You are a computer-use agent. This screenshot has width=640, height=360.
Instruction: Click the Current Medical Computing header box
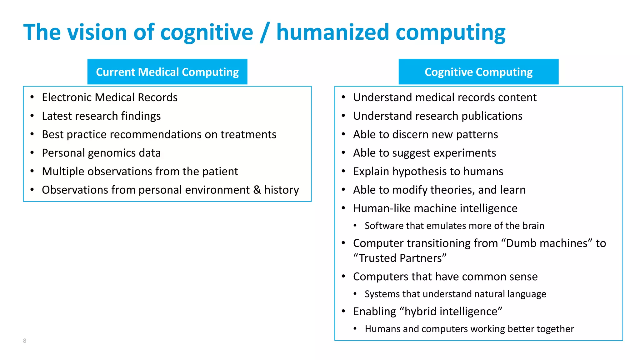pos(167,72)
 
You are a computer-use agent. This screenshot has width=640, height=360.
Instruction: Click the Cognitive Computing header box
pos(478,72)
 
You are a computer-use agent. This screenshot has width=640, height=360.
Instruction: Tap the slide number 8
pos(25,341)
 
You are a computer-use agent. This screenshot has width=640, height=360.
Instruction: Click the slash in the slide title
pos(264,32)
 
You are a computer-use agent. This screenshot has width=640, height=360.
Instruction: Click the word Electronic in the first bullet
pos(67,97)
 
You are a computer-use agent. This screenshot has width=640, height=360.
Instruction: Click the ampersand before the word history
pos(257,190)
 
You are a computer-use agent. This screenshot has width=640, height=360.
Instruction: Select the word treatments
pos(248,134)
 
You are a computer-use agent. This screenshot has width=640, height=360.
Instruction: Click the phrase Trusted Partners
pos(400,258)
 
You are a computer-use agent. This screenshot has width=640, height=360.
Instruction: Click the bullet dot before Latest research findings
pos(32,116)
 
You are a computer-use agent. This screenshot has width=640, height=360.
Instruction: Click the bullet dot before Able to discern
pos(343,134)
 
